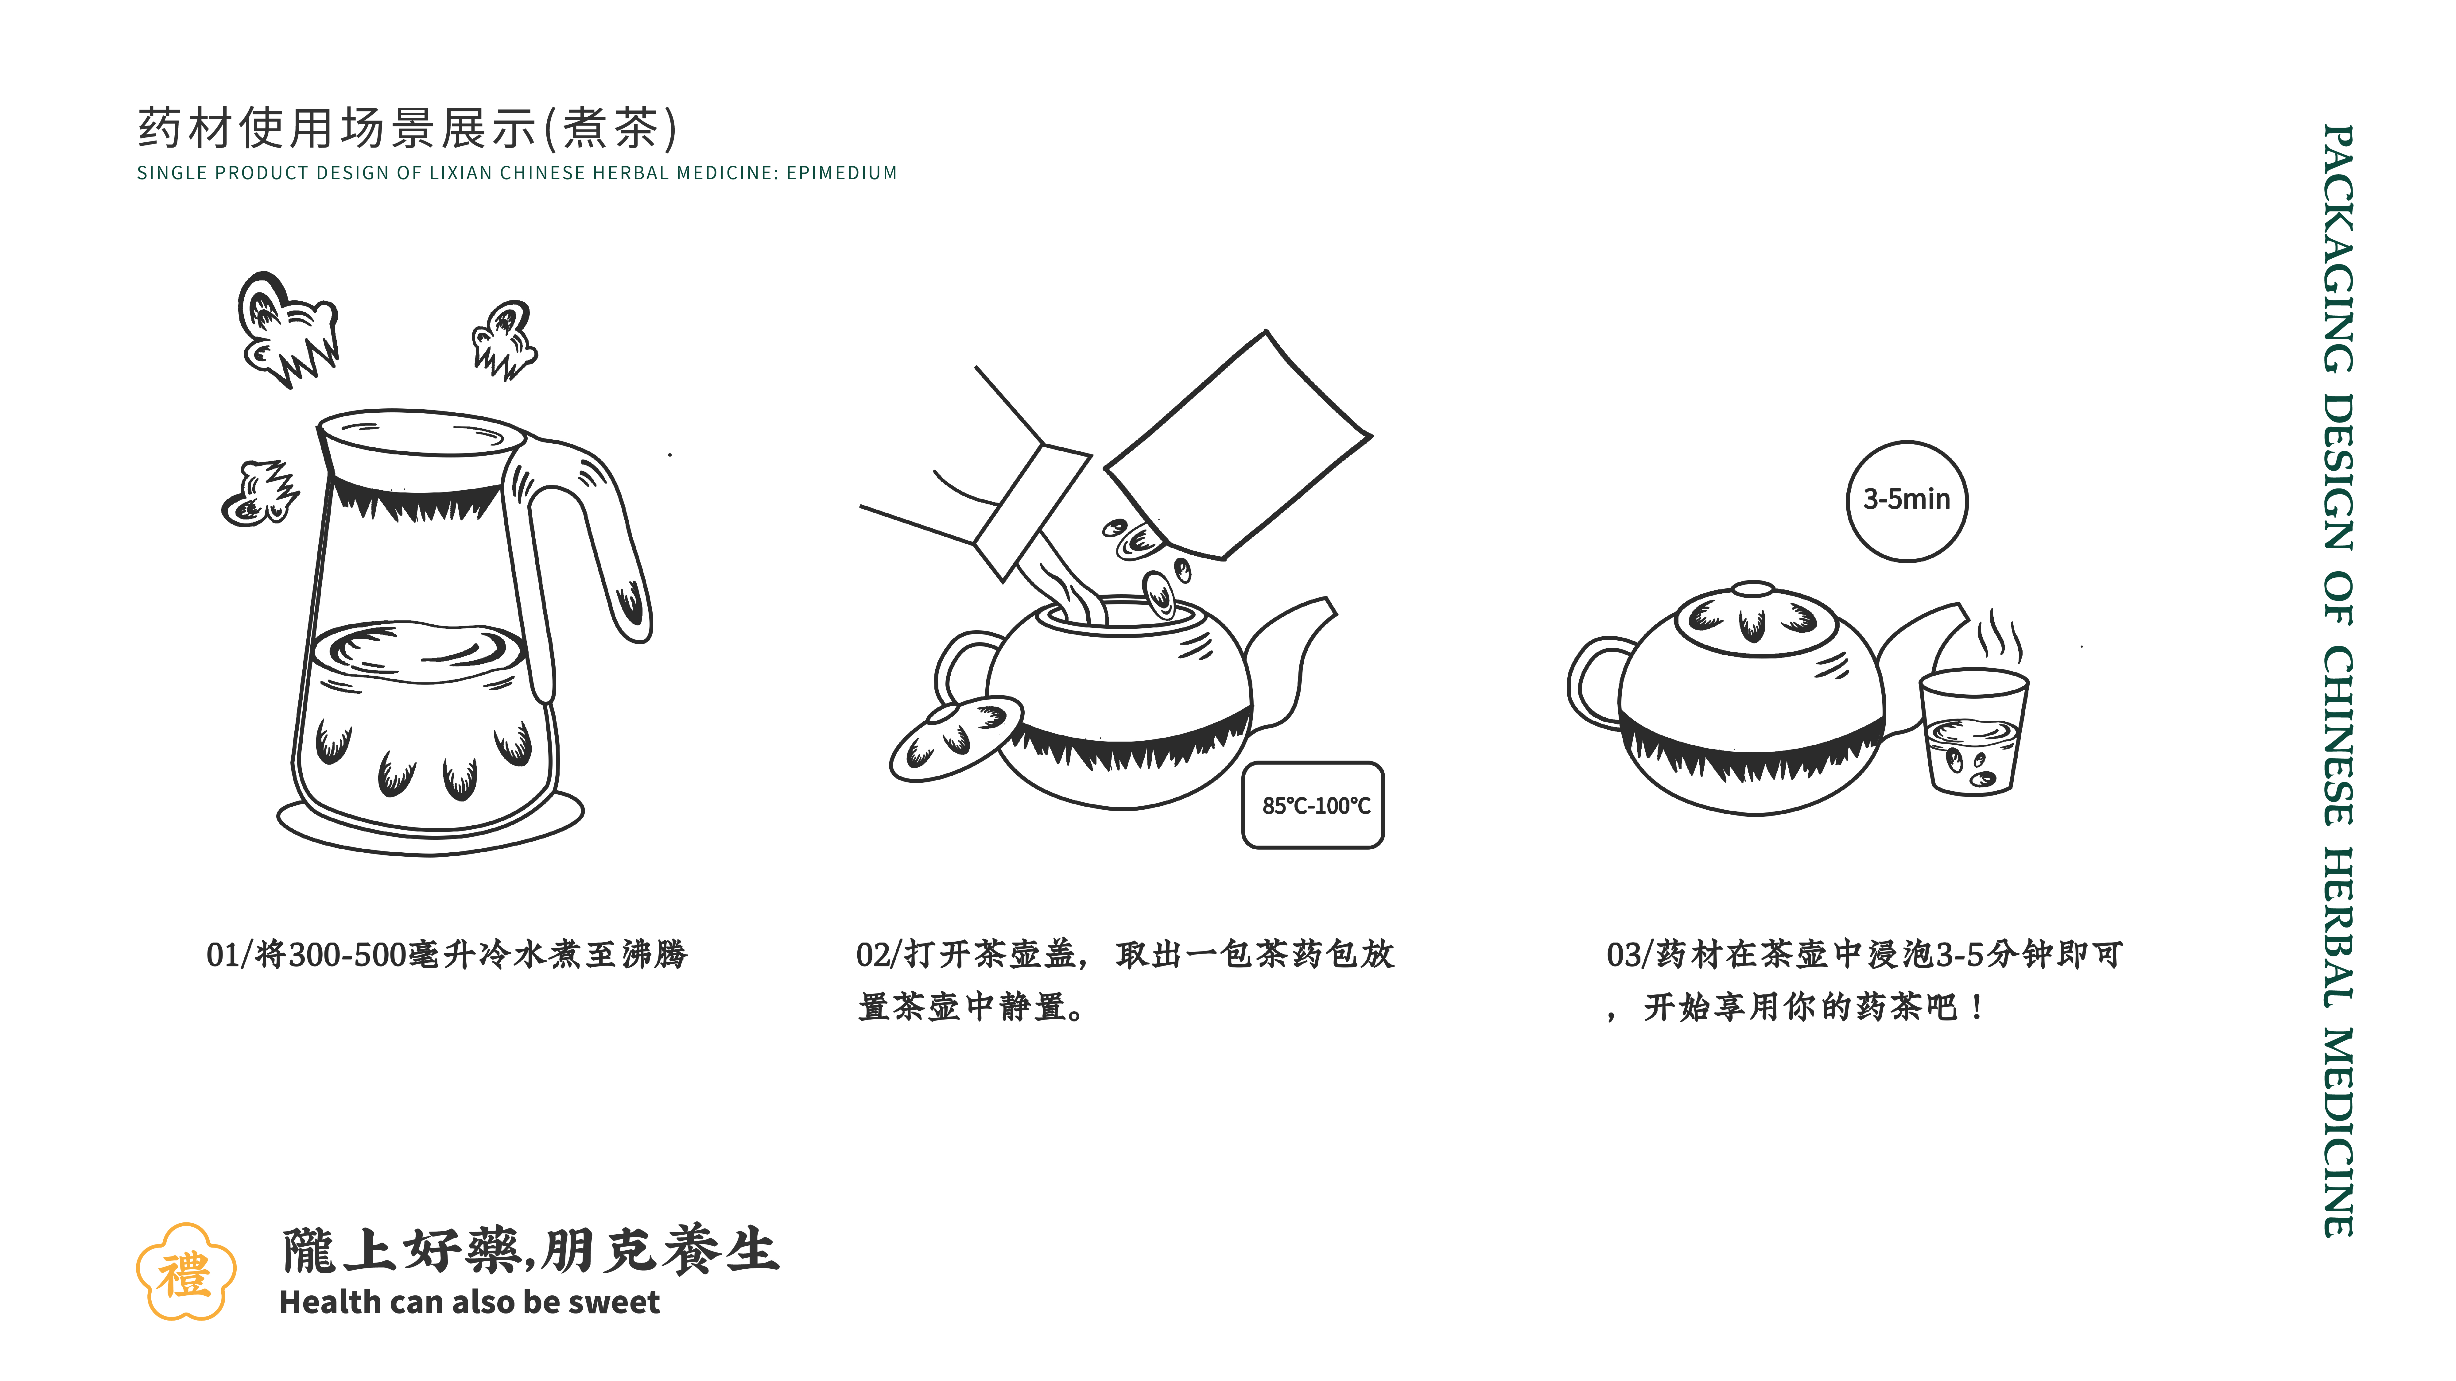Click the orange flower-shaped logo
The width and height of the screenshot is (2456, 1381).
(x=185, y=1272)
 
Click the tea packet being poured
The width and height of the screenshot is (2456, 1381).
(x=1240, y=448)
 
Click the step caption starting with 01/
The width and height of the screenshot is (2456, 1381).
(x=446, y=954)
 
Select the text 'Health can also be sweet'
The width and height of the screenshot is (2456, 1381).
(x=469, y=1302)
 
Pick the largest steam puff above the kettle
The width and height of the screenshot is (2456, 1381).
(x=286, y=329)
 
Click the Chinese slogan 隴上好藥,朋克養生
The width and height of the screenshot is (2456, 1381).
(x=530, y=1250)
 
